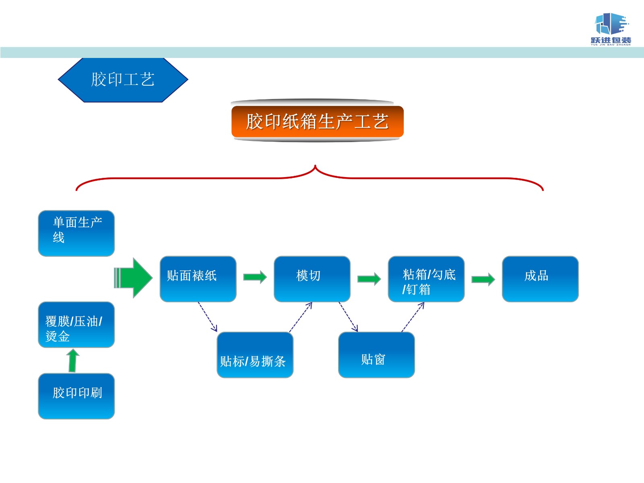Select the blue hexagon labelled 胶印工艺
point(123,80)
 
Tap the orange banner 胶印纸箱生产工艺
point(317,121)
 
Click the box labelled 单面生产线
point(76,233)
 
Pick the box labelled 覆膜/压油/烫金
point(76,324)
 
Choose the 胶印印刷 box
point(76,396)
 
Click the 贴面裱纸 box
point(198,279)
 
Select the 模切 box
point(312,279)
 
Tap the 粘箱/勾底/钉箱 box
point(426,279)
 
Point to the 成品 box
point(540,279)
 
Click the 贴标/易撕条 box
point(255,355)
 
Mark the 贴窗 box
point(376,355)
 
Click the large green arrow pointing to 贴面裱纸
point(134,278)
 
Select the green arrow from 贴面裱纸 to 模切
point(255,277)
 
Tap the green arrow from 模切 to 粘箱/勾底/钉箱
point(369,279)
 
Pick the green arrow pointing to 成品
point(483,279)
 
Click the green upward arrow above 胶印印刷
point(73,360)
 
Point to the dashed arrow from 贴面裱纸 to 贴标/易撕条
point(208,317)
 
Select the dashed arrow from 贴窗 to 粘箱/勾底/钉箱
point(413,317)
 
